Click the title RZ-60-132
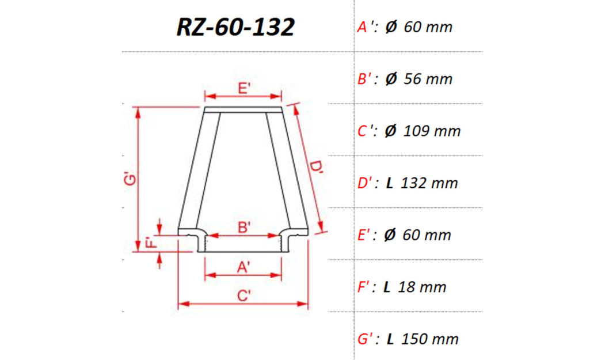click(x=235, y=26)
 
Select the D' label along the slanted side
click(x=316, y=168)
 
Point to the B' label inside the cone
click(x=243, y=227)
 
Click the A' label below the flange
click(x=243, y=267)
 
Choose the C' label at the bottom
click(x=243, y=295)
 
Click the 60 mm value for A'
click(x=428, y=27)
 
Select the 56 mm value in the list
click(x=428, y=79)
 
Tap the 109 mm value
click(x=432, y=131)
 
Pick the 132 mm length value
click(x=429, y=183)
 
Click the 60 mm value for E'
click(x=427, y=235)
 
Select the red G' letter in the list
click(x=365, y=339)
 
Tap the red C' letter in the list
click(x=364, y=131)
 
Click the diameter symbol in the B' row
click(x=391, y=79)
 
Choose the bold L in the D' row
click(x=390, y=183)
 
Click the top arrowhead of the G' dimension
click(x=138, y=112)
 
